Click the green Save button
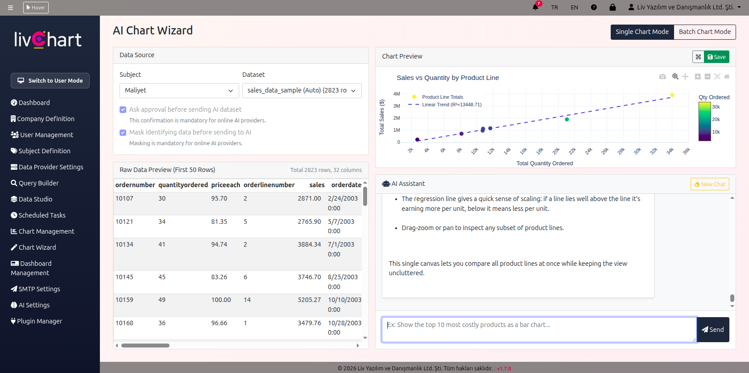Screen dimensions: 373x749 pos(716,57)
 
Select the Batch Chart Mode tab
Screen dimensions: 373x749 pos(704,32)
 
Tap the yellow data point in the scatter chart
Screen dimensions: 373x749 pos(672,95)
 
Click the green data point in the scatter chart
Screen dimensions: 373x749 pos(567,119)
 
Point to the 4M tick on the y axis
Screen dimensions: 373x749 pos(397,94)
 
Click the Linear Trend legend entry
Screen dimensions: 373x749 pos(451,105)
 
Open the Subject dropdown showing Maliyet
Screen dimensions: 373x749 pos(179,90)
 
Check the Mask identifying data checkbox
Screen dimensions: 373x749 pos(123,132)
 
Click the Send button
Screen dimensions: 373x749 pos(713,330)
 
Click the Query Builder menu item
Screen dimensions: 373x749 pos(38,183)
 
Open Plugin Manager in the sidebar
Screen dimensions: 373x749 pos(39,321)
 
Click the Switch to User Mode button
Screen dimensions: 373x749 pos(50,81)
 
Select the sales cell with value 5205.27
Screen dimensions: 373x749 pos(309,300)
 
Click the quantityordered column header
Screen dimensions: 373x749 pos(183,185)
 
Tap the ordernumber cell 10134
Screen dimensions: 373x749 pos(124,244)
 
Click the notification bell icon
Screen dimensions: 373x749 pos(535,7)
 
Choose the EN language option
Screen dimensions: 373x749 pos(574,8)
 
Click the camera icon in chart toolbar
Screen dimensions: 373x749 pos(662,77)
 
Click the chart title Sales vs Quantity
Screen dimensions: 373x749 pos(447,78)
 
